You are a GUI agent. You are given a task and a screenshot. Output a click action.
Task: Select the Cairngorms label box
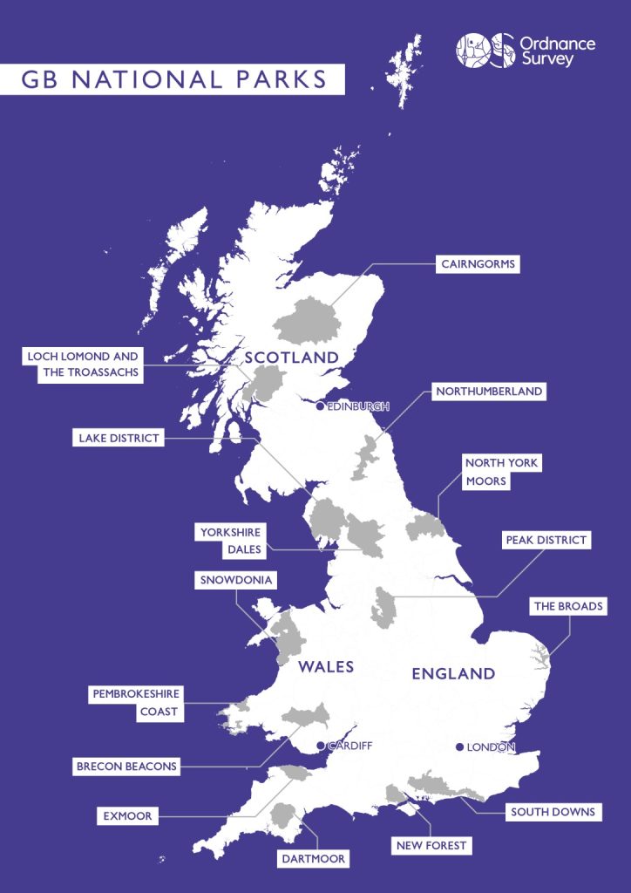click(x=478, y=263)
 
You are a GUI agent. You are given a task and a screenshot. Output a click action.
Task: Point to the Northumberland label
click(x=489, y=392)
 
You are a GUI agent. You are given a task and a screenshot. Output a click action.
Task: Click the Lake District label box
click(x=117, y=438)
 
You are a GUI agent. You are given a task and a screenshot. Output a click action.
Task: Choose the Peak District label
click(x=546, y=540)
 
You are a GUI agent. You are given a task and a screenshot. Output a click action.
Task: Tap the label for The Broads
click(x=568, y=606)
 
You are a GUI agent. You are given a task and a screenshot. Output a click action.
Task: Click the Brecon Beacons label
click(x=126, y=767)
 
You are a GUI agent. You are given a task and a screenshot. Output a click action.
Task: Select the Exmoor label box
click(x=126, y=816)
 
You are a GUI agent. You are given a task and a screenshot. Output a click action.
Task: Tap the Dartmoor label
click(x=313, y=859)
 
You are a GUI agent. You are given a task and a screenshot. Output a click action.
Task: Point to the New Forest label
click(x=431, y=845)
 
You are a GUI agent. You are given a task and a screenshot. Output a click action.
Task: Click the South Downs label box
click(x=553, y=812)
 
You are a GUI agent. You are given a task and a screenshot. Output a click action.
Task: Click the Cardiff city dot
click(x=321, y=746)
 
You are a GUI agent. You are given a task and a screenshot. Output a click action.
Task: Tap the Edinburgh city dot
click(x=320, y=406)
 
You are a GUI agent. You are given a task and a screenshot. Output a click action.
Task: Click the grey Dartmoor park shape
click(x=282, y=818)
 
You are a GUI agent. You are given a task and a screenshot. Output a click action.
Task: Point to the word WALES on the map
click(x=326, y=667)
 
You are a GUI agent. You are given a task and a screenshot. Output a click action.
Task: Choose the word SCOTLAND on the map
click(x=291, y=358)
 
